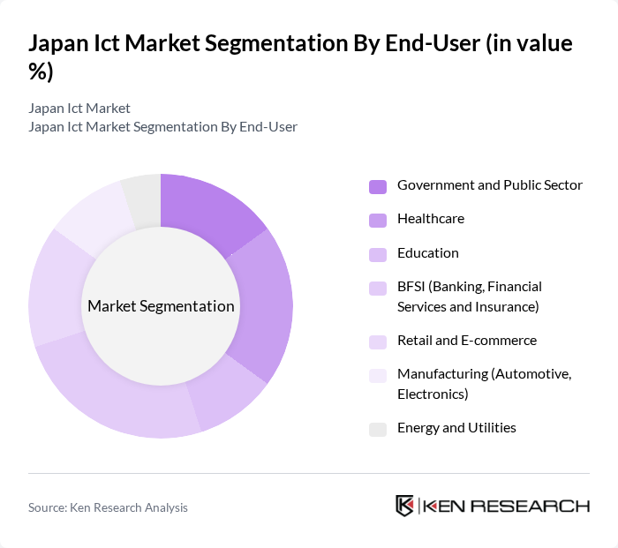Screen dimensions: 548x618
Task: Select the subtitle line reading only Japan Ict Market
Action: (79, 109)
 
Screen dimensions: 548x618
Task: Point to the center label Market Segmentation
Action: (161, 306)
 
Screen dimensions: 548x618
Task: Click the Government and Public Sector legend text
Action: (489, 185)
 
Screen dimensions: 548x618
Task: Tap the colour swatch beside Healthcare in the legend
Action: (378, 220)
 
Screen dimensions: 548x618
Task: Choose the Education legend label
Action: (427, 253)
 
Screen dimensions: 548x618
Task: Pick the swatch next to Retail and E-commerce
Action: (378, 342)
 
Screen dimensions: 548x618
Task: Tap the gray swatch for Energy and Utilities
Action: (378, 429)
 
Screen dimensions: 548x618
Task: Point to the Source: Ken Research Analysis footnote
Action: (108, 507)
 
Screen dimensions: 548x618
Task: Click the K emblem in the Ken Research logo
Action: (405, 506)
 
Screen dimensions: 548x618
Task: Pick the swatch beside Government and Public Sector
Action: (378, 186)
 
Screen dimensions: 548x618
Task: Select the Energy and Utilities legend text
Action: (456, 428)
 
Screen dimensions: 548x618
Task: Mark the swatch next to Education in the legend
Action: (378, 254)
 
